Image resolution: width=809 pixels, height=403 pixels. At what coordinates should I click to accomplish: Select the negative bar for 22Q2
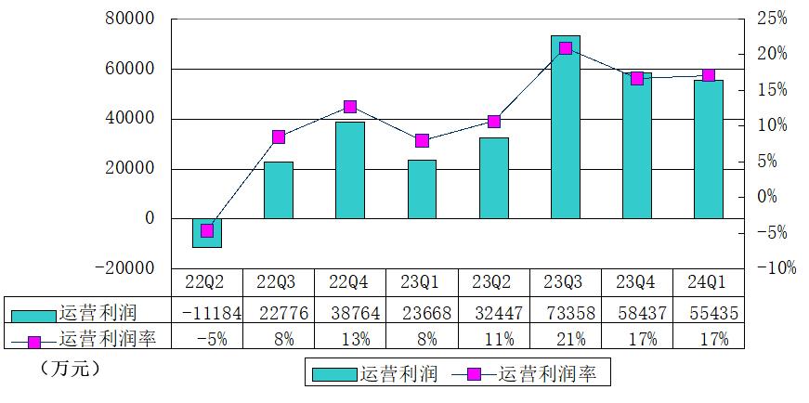pyautogui.click(x=207, y=233)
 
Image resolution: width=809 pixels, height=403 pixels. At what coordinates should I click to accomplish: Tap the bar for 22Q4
pyautogui.click(x=350, y=170)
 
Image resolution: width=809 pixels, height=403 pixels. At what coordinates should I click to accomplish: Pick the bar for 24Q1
pyautogui.click(x=709, y=149)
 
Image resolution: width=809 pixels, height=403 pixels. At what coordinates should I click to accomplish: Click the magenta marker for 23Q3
pyautogui.click(x=565, y=48)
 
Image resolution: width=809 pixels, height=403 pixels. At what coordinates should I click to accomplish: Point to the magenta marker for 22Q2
pyautogui.click(x=207, y=230)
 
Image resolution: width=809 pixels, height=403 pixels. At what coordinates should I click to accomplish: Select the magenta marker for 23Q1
pyautogui.click(x=422, y=140)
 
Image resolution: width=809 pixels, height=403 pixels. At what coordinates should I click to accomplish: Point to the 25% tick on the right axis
pyautogui.click(x=771, y=19)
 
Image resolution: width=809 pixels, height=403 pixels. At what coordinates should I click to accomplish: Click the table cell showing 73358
pyautogui.click(x=566, y=313)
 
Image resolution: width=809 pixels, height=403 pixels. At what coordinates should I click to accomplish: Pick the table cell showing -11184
pyautogui.click(x=207, y=313)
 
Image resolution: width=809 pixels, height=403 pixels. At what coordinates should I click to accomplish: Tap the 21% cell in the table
pyautogui.click(x=566, y=340)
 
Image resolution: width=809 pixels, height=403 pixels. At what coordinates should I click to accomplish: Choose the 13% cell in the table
pyautogui.click(x=350, y=340)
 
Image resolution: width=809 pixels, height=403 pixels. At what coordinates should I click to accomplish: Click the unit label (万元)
pyautogui.click(x=71, y=369)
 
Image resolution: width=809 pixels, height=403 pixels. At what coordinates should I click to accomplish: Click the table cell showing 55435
pyautogui.click(x=709, y=313)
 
